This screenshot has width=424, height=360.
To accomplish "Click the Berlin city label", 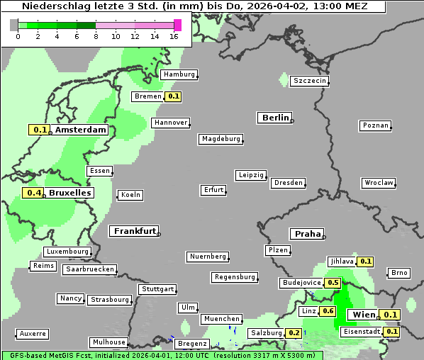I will [274, 118].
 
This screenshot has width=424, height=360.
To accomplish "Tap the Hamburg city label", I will [179, 74].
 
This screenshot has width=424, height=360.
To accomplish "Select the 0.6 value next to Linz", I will [328, 311].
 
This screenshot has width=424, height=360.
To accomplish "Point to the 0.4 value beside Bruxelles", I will [33, 193].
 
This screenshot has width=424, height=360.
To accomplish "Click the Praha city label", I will [307, 234].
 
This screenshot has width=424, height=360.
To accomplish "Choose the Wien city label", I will [363, 315].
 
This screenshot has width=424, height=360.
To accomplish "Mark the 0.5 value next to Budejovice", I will [333, 283].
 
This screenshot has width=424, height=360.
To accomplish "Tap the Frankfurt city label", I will [134, 231].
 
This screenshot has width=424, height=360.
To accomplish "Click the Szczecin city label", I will [310, 81].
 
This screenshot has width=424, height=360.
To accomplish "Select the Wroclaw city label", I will [379, 183].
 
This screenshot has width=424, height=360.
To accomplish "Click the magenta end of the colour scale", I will [177, 25].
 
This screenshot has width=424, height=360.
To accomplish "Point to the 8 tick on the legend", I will [96, 36].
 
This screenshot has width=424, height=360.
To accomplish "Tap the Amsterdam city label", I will [80, 130].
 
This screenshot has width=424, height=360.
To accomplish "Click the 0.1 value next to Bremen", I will [173, 96].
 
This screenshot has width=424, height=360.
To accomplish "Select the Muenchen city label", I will [222, 320].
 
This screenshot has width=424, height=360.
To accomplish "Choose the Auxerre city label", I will [33, 333].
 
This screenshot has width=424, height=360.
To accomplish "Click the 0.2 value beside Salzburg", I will [294, 333].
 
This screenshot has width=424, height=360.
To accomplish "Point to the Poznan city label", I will [376, 125].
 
